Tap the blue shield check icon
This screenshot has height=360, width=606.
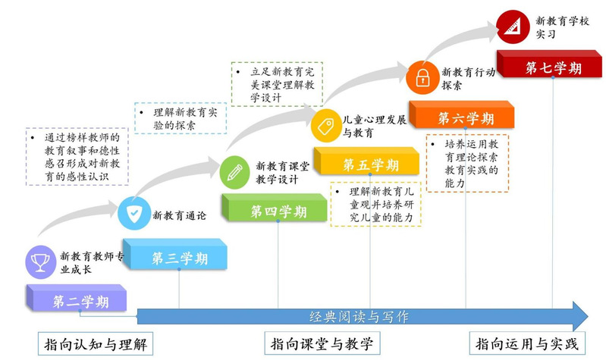point(133,214)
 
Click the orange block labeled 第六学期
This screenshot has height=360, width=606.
point(464,118)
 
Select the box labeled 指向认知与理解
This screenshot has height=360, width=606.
point(92,344)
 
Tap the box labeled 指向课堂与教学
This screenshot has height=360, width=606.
point(322,344)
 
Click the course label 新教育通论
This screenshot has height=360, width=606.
point(179,214)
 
